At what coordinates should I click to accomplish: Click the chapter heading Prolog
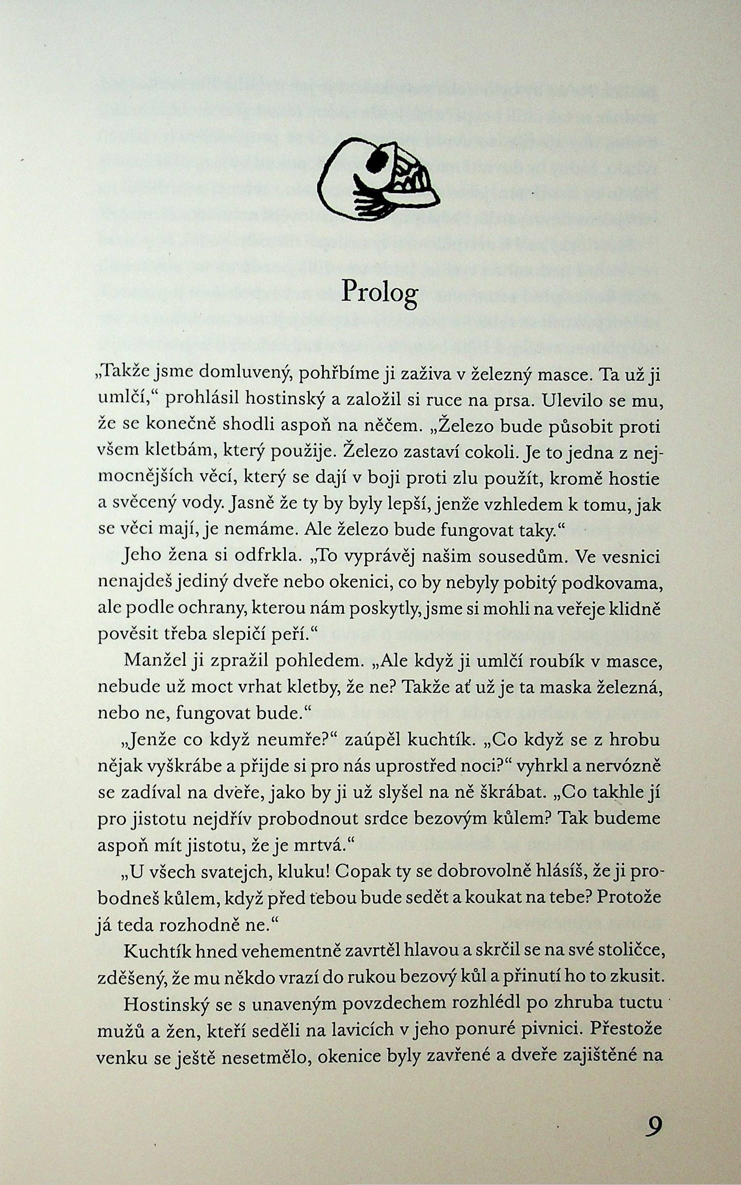click(379, 292)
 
